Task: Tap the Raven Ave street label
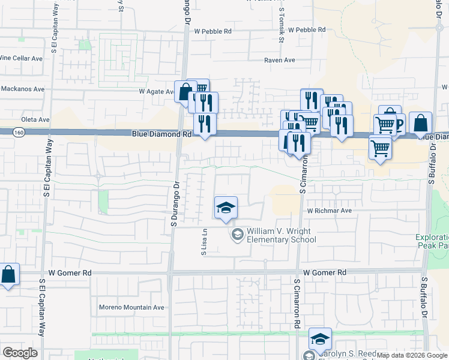pyautogui.click(x=280, y=60)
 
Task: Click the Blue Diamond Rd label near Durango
pyautogui.click(x=161, y=135)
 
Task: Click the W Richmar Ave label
pyautogui.click(x=329, y=211)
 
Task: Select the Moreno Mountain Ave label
pyautogui.click(x=132, y=307)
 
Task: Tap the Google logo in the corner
pyautogui.click(x=20, y=353)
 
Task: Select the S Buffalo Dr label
pyautogui.click(x=424, y=294)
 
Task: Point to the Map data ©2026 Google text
pyautogui.click(x=412, y=355)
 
